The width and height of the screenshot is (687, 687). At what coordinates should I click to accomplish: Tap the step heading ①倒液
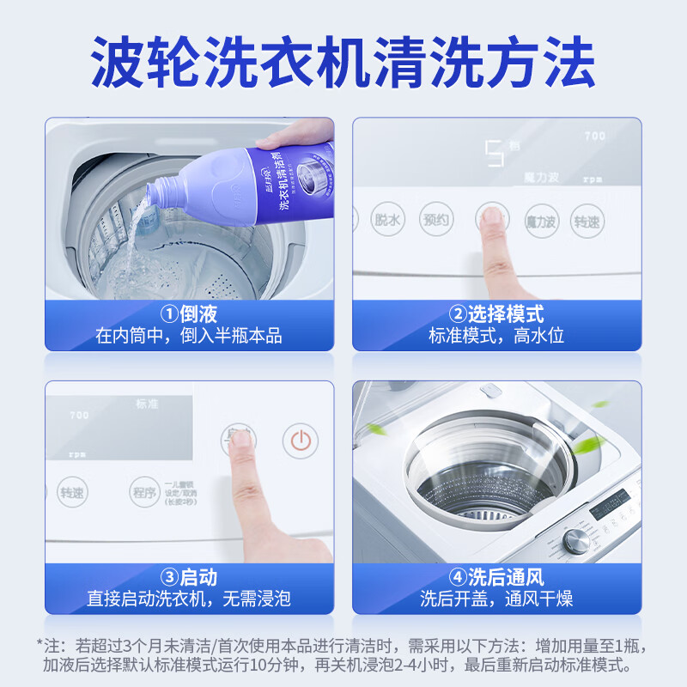(x=188, y=313)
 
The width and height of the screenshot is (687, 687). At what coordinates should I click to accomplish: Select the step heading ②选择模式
(x=496, y=313)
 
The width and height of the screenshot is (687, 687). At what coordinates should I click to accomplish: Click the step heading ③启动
(x=188, y=577)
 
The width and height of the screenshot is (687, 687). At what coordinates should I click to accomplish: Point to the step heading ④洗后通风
(x=496, y=577)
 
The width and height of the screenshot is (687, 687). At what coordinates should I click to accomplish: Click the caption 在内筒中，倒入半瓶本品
(x=188, y=336)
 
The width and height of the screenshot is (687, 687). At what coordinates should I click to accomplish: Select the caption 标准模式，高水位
(x=496, y=336)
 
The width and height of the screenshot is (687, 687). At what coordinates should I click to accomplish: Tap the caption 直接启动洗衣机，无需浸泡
(x=188, y=599)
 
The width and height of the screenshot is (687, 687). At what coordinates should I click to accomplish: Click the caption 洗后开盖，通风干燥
(x=496, y=599)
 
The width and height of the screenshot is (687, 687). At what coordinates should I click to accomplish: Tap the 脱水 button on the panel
(x=387, y=220)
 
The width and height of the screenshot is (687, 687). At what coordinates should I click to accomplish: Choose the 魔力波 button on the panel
(x=540, y=222)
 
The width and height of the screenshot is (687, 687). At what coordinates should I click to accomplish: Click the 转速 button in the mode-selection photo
(x=588, y=222)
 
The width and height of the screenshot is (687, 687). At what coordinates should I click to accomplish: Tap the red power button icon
(x=300, y=441)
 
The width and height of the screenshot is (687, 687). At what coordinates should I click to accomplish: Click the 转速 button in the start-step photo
(x=71, y=493)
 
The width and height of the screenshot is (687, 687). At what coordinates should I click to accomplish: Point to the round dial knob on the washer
(x=576, y=540)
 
